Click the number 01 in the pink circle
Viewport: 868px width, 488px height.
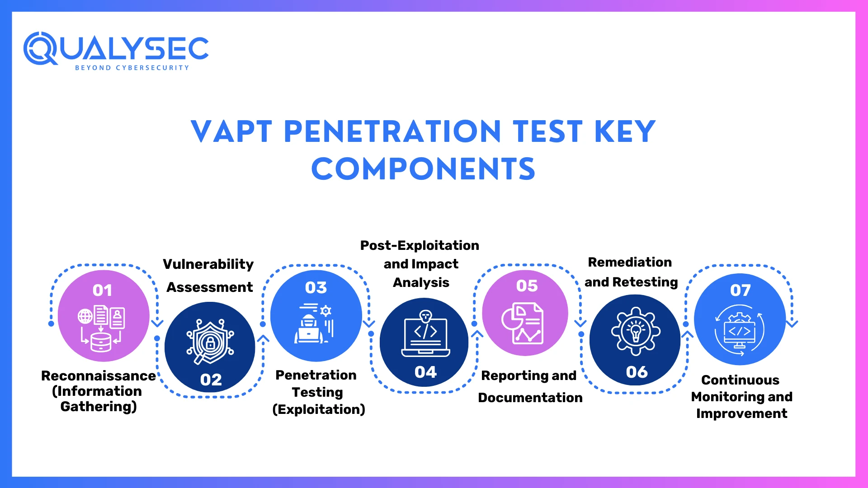(102, 290)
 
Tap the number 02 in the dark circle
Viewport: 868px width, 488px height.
(211, 380)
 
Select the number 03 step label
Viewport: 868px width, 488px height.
(316, 287)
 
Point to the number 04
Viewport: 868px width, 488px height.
(425, 372)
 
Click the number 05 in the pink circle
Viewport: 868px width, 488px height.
(527, 286)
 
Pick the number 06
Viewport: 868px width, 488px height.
(637, 372)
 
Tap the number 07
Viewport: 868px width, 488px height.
(740, 290)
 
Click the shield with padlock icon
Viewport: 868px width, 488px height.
(210, 342)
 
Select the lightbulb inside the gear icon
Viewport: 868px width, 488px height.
(636, 331)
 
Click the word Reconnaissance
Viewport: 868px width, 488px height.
(98, 375)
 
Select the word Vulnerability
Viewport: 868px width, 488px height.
(208, 264)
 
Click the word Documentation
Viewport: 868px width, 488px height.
(530, 398)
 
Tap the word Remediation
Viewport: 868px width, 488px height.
(629, 262)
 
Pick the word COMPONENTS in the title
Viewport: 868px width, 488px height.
(423, 169)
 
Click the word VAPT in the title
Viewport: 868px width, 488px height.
(231, 132)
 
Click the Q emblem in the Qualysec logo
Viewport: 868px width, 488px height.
(40, 48)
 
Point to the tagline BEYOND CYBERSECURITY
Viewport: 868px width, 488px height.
(132, 68)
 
